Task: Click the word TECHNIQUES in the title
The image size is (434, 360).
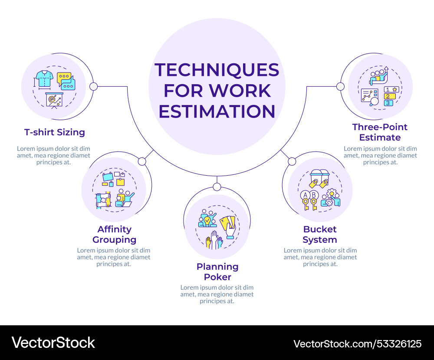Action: tap(217, 70)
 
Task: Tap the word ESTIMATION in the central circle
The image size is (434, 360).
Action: tap(217, 111)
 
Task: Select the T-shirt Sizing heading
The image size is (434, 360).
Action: tap(55, 132)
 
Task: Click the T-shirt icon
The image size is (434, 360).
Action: tap(44, 79)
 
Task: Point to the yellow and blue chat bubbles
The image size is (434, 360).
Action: tap(66, 81)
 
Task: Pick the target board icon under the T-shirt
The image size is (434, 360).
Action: tap(55, 100)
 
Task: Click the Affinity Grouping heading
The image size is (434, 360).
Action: tap(114, 234)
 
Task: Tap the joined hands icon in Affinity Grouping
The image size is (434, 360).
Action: tap(103, 200)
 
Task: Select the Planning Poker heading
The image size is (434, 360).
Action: tap(217, 272)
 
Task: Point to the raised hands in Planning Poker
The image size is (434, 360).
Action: tap(214, 240)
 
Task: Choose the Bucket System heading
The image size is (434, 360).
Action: tap(320, 234)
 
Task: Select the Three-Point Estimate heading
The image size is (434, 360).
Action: tap(380, 132)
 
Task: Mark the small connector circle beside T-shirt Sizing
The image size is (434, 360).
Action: tap(93, 86)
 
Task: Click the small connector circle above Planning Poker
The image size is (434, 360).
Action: tap(217, 187)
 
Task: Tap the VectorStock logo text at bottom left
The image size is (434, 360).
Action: tap(53, 343)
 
